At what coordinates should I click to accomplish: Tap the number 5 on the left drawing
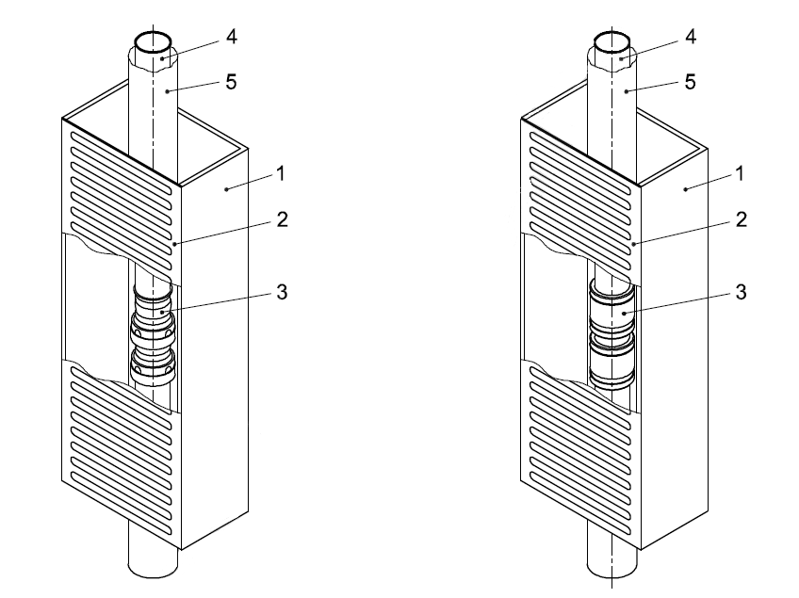click(x=231, y=83)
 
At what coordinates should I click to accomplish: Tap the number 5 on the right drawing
click(x=691, y=83)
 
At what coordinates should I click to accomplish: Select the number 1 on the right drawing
click(x=739, y=175)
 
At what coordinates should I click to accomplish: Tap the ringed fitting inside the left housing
click(x=153, y=334)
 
